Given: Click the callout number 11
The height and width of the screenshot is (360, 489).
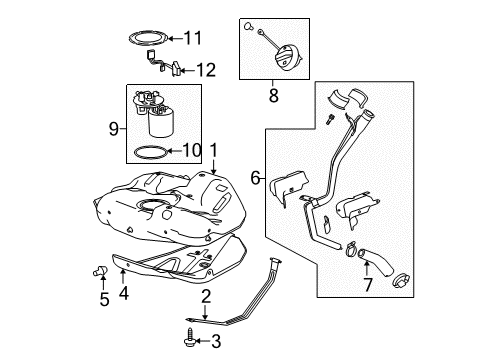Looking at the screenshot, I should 192,39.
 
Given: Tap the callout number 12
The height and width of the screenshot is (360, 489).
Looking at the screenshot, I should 205,70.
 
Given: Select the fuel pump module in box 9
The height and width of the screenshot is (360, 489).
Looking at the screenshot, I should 160,112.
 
